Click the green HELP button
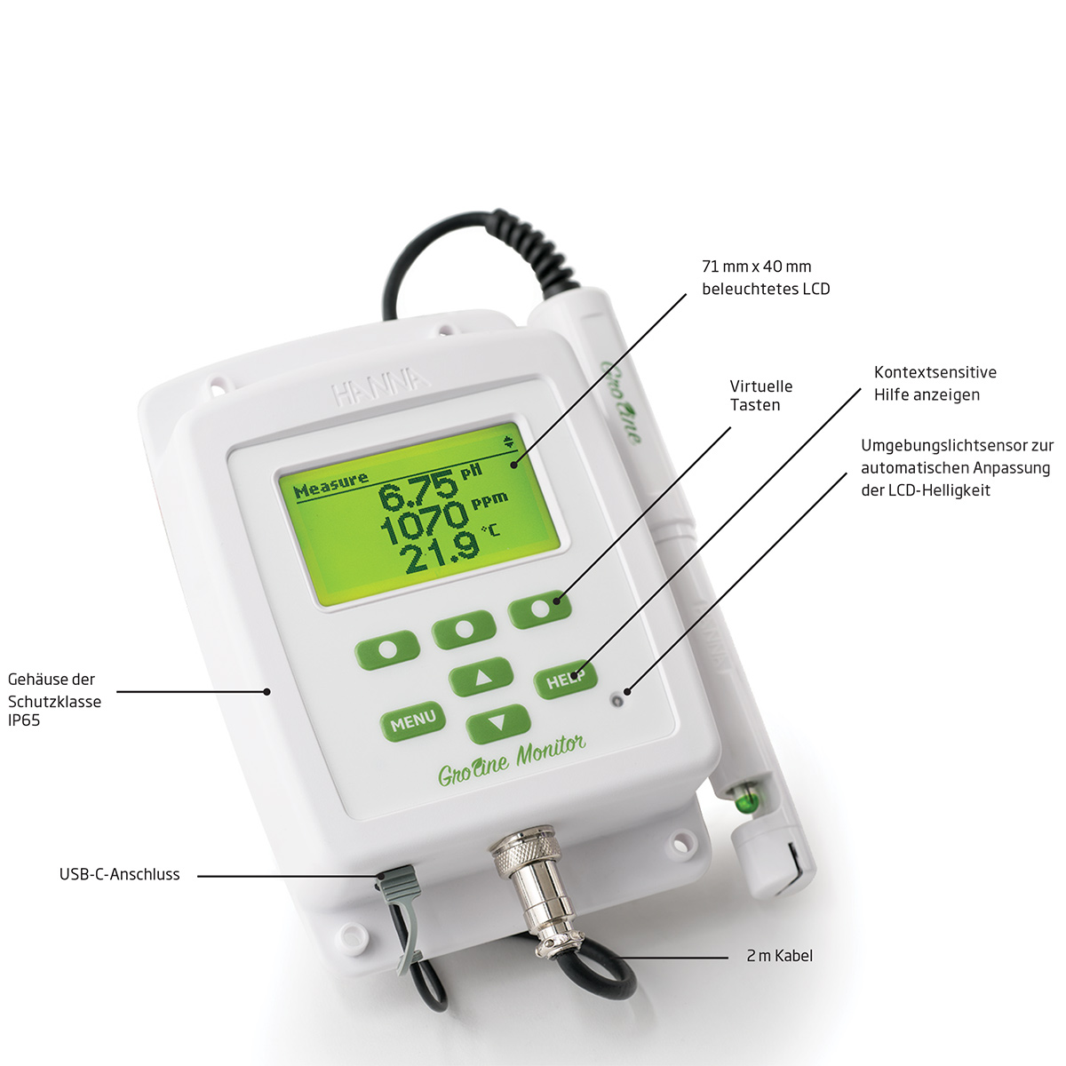point(565,680)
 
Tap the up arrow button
point(481,677)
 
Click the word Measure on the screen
point(330,486)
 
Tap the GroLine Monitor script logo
point(512,762)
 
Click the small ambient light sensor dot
point(617,701)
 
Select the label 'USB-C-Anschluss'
point(120,875)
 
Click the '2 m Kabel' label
point(779,955)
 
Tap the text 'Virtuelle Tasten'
point(760,395)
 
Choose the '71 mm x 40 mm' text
point(756,266)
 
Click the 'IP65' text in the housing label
point(24,720)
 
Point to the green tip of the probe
point(748,801)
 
